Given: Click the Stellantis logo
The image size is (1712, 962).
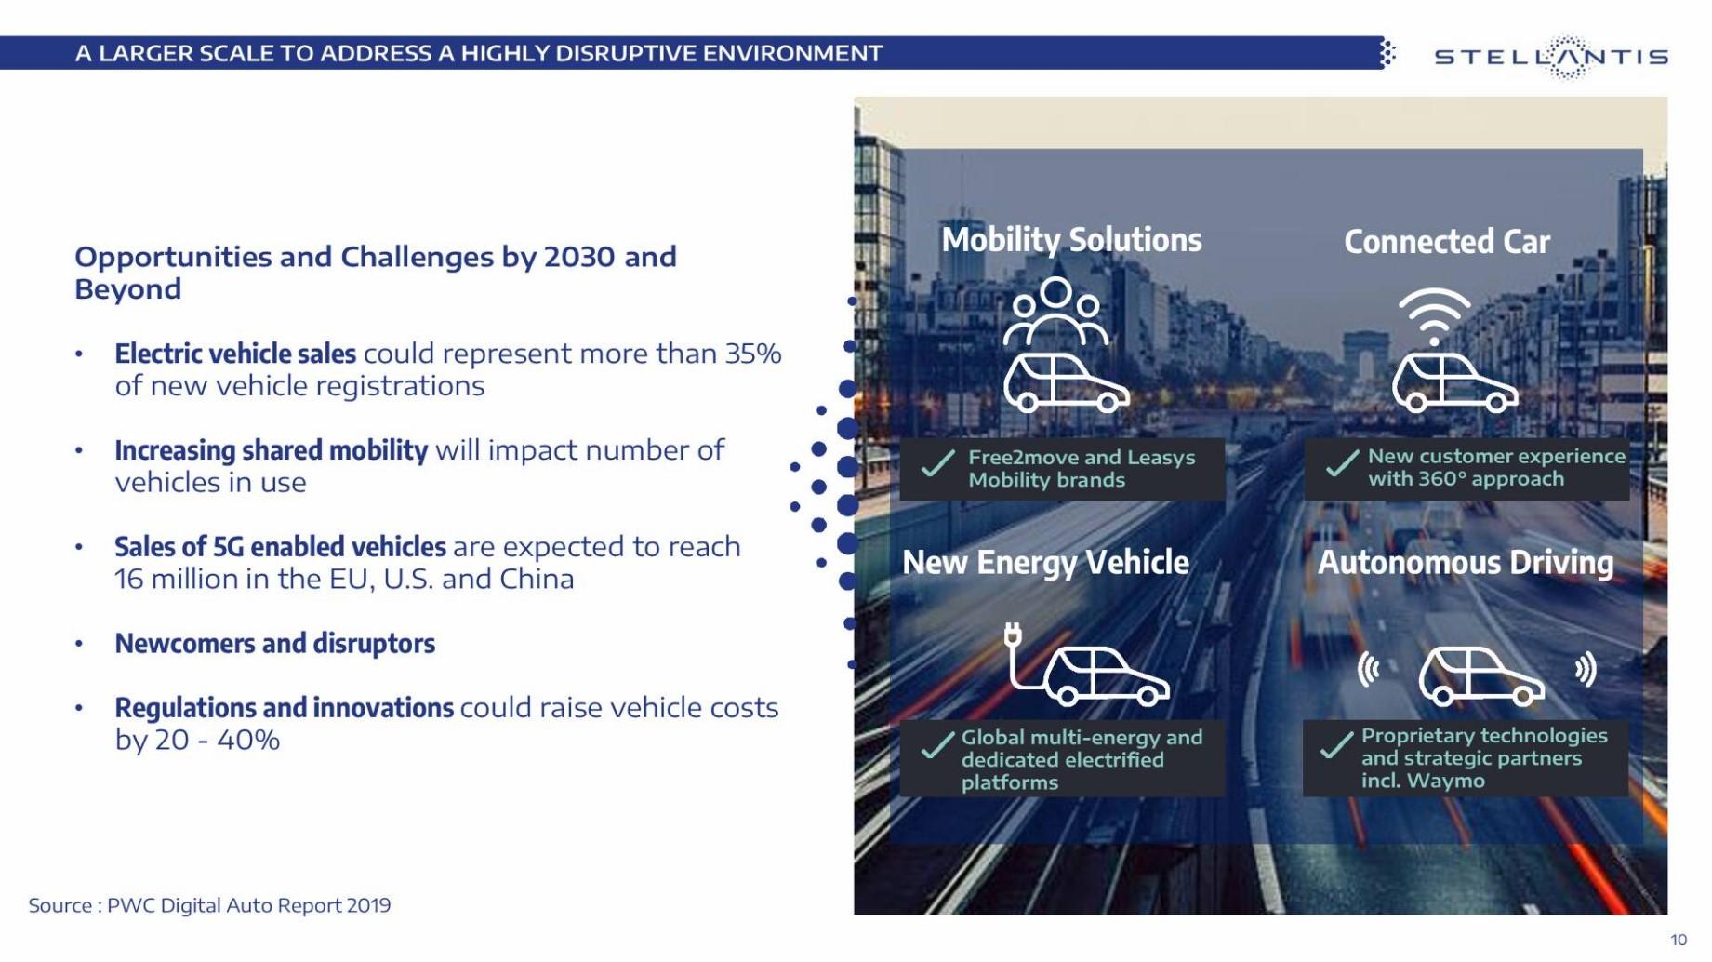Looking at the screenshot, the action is point(1551,57).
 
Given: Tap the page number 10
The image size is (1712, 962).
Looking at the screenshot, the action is point(1678,940).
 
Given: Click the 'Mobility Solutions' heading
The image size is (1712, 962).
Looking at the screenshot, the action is point(1071,240).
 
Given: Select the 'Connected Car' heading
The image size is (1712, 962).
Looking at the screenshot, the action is point(1446,242).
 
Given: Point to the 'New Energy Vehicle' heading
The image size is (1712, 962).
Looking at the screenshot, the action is point(1045,563).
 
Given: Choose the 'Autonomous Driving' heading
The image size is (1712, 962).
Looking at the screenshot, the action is point(1466,563).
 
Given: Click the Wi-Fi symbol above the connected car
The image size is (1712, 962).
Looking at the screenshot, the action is point(1434,316).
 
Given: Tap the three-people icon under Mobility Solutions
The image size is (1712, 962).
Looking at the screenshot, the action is point(1055,312).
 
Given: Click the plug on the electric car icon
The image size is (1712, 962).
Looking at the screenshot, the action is point(1013,635).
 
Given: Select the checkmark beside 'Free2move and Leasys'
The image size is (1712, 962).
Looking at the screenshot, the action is point(937,463).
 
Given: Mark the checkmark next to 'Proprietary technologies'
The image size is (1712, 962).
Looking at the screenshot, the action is point(1336,744).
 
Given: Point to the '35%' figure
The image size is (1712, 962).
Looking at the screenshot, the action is point(753,354).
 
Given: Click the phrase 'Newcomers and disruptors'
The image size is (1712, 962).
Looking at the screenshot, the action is point(274,643).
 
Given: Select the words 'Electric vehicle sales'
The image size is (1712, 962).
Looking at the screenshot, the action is point(235,354).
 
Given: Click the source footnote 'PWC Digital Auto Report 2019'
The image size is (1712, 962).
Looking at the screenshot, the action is point(248,905).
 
